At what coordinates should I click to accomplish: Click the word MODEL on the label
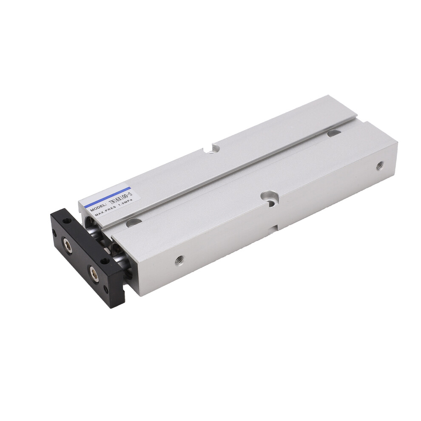99,208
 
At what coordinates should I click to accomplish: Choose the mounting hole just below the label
134,222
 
